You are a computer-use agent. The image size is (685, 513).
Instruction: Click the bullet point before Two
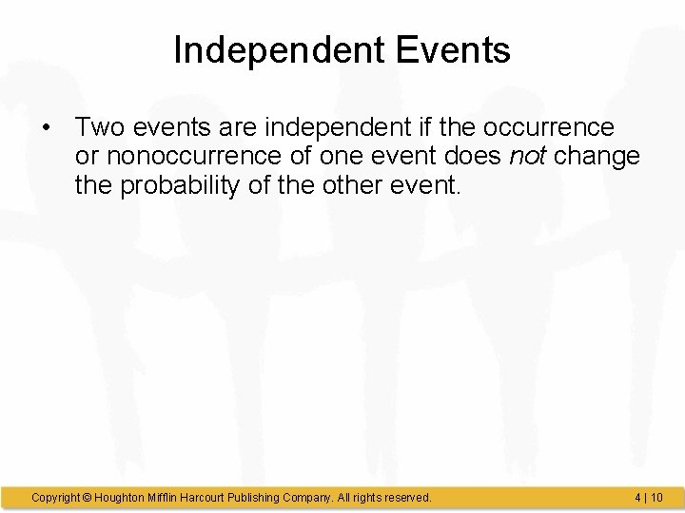point(45,127)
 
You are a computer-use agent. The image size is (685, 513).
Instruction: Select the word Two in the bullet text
point(101,127)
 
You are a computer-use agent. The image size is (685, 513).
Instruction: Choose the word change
point(597,157)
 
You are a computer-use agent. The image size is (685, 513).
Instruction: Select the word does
point(473,157)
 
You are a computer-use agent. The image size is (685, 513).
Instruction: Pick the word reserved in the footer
point(407,497)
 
